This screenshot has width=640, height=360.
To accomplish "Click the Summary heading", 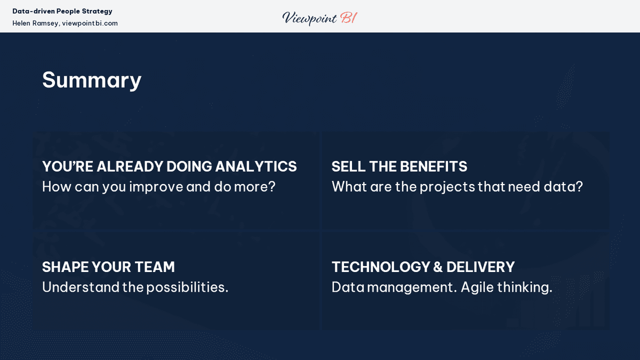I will [92, 80].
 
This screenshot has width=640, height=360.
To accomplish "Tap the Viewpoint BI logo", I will [319, 18].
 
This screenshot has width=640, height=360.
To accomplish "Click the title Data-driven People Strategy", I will [62, 11].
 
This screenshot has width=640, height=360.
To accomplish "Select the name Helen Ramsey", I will [35, 23].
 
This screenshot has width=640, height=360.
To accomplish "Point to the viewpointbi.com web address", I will [90, 23].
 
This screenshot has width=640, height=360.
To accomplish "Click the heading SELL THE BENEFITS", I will [399, 166].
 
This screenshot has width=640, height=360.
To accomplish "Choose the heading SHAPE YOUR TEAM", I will [108, 267].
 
